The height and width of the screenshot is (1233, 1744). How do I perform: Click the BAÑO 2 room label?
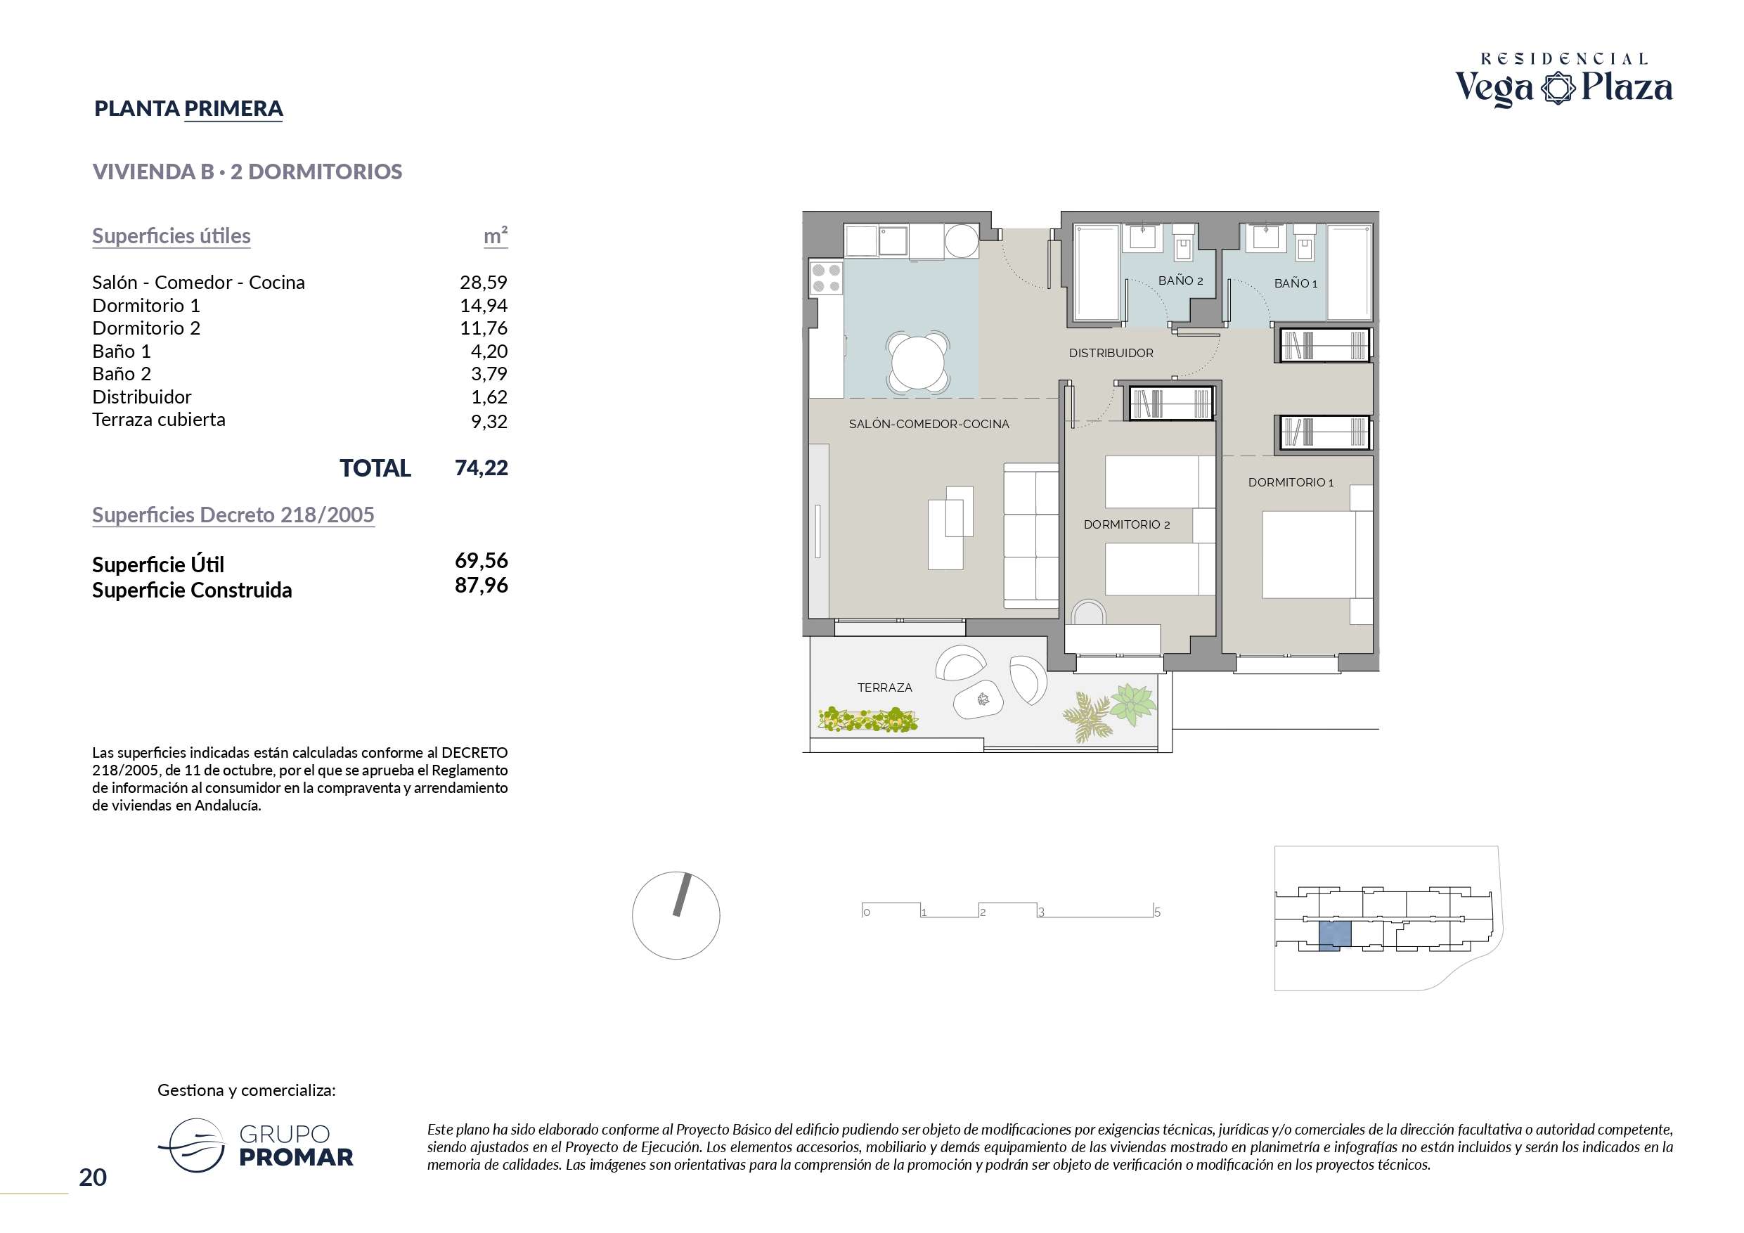[1180, 281]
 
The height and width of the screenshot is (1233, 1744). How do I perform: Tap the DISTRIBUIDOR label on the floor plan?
[1111, 354]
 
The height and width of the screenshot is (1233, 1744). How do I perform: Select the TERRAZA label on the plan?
[884, 687]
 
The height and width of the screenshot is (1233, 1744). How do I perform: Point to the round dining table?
[917, 363]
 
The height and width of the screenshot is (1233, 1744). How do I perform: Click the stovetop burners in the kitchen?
[826, 278]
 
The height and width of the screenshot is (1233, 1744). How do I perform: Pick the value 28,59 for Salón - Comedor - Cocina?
[483, 283]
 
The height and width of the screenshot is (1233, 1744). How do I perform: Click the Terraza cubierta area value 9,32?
[489, 421]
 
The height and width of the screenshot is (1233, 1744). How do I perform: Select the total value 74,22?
[481, 468]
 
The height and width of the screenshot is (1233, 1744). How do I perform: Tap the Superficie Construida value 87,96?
[481, 585]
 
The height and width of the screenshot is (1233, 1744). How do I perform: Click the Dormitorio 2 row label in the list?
[146, 328]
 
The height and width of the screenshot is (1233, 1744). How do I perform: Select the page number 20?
[93, 1177]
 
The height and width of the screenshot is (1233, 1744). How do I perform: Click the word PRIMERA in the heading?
[233, 109]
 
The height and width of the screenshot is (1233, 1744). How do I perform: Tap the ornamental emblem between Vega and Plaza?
[1558, 88]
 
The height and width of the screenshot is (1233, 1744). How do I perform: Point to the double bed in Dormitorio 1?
[1317, 555]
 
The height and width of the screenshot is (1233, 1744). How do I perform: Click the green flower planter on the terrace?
[867, 719]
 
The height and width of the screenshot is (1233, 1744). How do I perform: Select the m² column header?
[496, 235]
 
